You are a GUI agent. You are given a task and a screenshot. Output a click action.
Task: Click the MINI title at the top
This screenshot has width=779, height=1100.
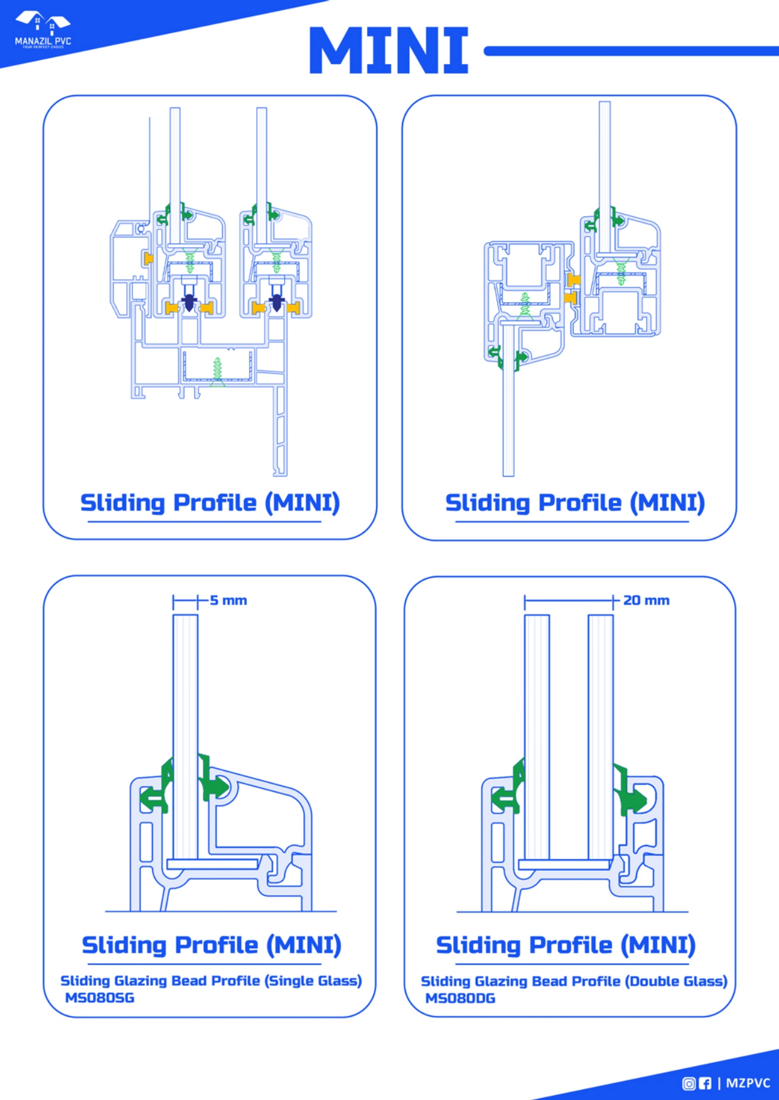tap(389, 50)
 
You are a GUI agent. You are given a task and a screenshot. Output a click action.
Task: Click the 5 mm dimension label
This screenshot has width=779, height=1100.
tap(228, 600)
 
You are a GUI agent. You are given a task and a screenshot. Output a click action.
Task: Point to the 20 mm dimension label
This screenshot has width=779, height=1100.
tap(646, 600)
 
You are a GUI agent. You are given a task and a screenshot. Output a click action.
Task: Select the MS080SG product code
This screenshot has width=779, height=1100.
tap(100, 998)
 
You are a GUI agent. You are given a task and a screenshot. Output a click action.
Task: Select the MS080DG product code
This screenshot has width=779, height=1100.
tap(460, 998)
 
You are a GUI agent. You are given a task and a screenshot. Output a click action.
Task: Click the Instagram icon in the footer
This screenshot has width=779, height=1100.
tap(689, 1083)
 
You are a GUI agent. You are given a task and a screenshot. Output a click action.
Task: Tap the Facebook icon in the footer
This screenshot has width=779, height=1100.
tap(705, 1083)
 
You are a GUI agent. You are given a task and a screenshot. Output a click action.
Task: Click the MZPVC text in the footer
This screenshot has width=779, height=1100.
tap(748, 1083)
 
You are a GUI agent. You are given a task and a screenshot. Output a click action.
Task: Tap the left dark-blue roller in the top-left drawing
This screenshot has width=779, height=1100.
tap(189, 303)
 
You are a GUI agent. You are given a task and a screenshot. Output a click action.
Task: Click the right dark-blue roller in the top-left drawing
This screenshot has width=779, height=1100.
tap(276, 303)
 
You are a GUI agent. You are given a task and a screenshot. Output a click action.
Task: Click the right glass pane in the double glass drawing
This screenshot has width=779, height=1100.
tap(600, 734)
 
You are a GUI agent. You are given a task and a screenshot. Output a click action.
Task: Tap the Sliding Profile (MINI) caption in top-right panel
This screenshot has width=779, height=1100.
tap(574, 503)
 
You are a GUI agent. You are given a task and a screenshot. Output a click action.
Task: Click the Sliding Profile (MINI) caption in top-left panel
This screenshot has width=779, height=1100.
tap(210, 503)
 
